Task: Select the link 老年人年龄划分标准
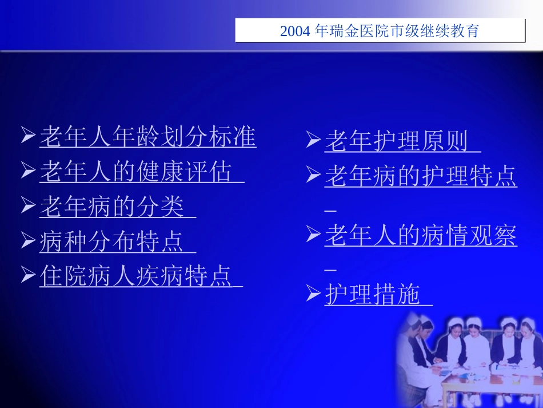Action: pos(147,137)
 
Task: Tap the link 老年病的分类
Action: pos(112,207)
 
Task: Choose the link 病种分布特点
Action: pos(112,241)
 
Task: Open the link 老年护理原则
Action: pos(397,141)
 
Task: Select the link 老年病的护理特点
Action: pos(421,176)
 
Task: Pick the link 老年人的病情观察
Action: pos(421,235)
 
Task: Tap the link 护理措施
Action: pos(373,294)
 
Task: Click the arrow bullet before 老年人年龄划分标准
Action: pos(28,136)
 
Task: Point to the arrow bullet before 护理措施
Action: pos(313,294)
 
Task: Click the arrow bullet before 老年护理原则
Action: pos(313,140)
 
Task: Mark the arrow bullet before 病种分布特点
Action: pos(28,240)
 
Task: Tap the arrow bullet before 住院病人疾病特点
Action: pos(28,275)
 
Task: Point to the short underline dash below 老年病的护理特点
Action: pos(330,211)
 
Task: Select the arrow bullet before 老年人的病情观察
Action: pos(313,233)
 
